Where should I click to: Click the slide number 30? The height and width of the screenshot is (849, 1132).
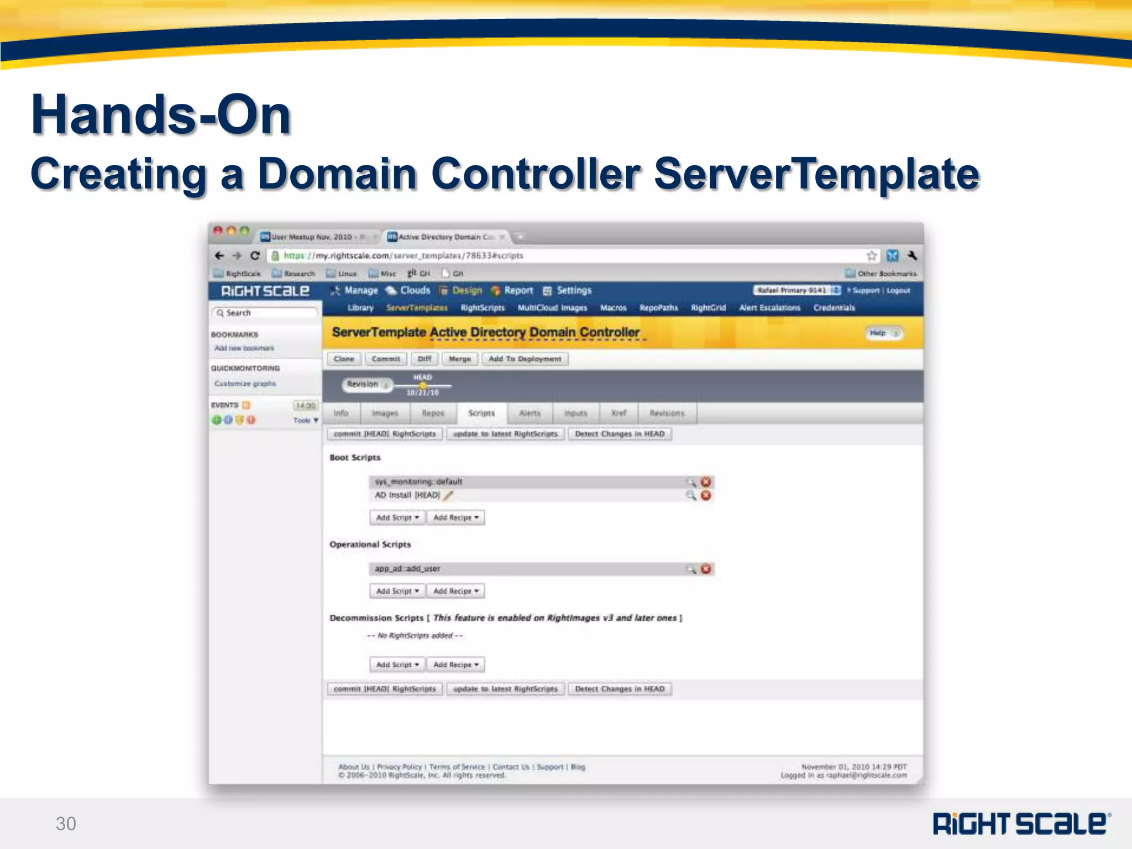[66, 824]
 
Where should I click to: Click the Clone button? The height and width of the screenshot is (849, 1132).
[344, 359]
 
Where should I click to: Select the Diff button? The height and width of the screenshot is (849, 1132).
[424, 359]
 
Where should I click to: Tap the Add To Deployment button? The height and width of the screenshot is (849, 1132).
[525, 359]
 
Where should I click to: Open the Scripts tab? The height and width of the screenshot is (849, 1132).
[481, 413]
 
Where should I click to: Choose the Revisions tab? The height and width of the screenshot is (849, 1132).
[667, 413]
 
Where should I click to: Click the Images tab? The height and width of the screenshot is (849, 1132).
[385, 413]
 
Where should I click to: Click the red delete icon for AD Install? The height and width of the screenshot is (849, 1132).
[706, 495]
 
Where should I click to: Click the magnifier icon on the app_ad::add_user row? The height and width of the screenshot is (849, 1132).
[691, 569]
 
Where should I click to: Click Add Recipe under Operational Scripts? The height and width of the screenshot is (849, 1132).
[455, 591]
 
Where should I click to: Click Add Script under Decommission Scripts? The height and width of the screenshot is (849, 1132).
[397, 664]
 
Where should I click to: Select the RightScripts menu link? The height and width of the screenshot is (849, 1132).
[483, 308]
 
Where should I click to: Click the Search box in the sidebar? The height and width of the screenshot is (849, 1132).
[265, 313]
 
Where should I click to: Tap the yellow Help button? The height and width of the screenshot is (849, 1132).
[883, 333]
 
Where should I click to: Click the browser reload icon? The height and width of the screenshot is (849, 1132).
[255, 255]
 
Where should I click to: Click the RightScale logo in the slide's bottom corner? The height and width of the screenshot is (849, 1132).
[1021, 823]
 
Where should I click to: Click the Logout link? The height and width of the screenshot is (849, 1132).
[898, 290]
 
